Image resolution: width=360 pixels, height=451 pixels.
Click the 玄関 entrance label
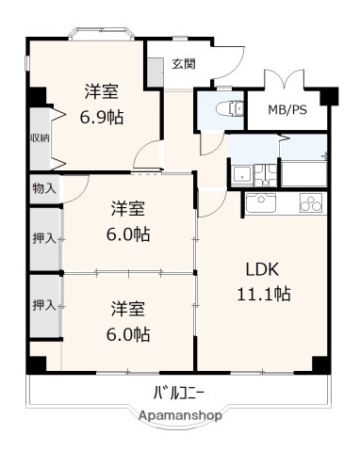(x=183, y=64)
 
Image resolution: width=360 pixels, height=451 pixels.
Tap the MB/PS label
(x=286, y=110)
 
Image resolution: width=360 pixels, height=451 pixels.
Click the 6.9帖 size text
(x=102, y=118)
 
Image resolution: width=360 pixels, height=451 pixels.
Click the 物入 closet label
(x=43, y=188)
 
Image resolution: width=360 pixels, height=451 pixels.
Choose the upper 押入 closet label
(x=43, y=240)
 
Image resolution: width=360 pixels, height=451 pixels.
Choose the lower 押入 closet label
(x=43, y=305)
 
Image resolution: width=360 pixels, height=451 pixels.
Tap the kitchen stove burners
(x=309, y=201)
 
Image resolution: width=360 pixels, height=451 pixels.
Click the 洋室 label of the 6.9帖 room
(x=102, y=92)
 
